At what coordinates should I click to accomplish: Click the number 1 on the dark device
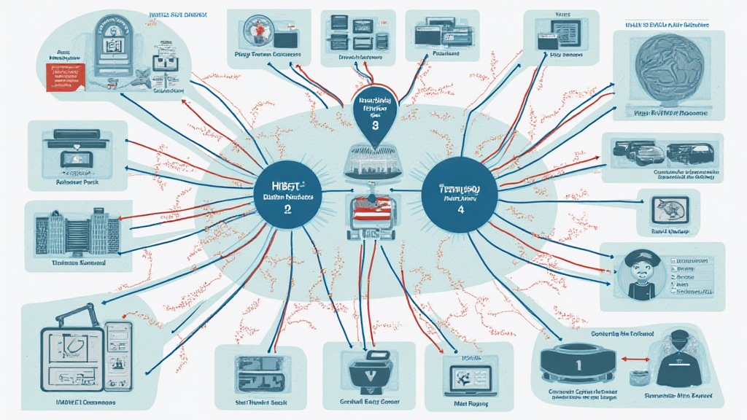pyautogui.click(x=578, y=362)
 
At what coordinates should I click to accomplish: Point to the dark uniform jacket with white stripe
pyautogui.click(x=683, y=362)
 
